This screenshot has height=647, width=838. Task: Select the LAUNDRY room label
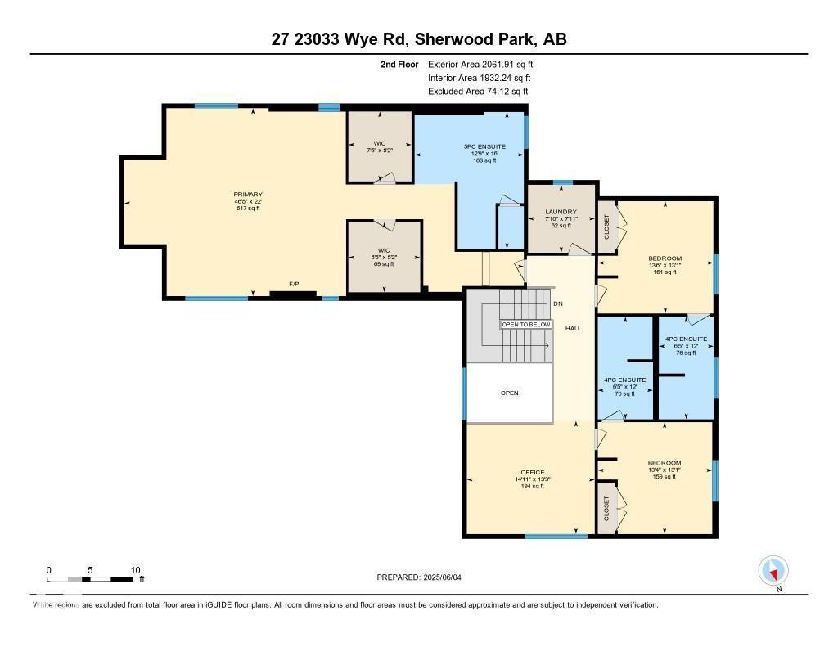coord(561,212)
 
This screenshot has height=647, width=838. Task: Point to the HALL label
coord(573,328)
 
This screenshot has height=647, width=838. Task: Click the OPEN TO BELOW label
coord(526,325)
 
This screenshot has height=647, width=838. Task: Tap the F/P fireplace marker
coord(294,284)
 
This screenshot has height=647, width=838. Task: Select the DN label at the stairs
coord(558,303)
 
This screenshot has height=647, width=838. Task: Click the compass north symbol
coord(773,570)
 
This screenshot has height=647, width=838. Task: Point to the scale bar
coord(90,579)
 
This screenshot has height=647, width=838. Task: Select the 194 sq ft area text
coord(532,487)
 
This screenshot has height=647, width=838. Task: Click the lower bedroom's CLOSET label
coord(606,510)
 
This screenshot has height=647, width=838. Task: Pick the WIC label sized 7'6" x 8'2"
coord(379,143)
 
